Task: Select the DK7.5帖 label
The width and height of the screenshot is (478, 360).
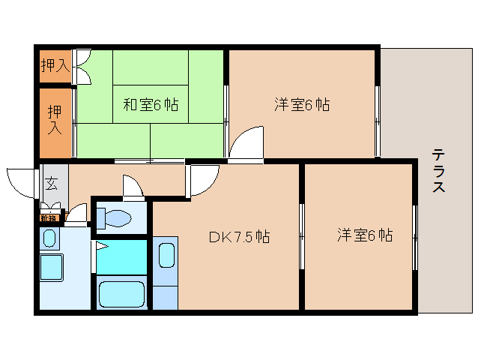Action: pyautogui.click(x=239, y=237)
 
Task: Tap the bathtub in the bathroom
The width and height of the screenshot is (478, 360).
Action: pyautogui.click(x=122, y=292)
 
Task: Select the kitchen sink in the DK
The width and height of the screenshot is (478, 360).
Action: pyautogui.click(x=166, y=254)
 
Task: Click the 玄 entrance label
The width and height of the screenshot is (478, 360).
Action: pyautogui.click(x=51, y=182)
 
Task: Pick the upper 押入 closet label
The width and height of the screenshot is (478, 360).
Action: pyautogui.click(x=54, y=65)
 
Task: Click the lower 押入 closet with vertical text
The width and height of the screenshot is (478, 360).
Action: pyautogui.click(x=55, y=120)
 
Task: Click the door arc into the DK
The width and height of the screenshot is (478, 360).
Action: pyautogui.click(x=202, y=180)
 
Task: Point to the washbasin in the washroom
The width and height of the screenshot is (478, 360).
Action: pyautogui.click(x=49, y=240)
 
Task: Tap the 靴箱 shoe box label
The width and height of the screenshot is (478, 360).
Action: pyautogui.click(x=49, y=218)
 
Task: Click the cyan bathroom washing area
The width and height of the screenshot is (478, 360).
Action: pyautogui.click(x=122, y=256)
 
